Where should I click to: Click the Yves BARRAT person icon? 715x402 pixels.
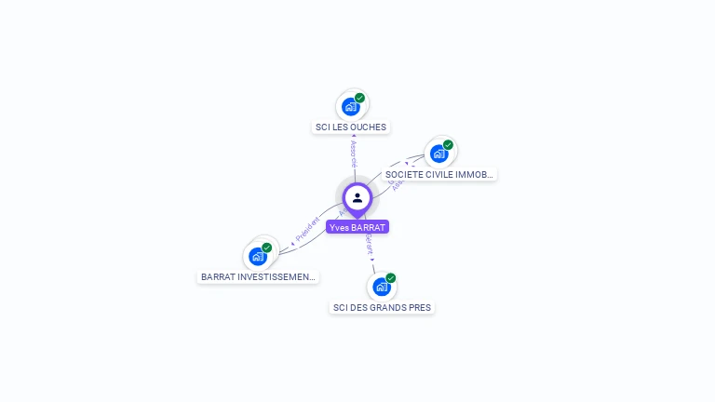point(357,197)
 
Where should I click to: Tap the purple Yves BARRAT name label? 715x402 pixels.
point(357,227)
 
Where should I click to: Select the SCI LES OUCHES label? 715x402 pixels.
point(351,127)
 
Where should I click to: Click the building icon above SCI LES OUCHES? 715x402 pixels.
point(350,106)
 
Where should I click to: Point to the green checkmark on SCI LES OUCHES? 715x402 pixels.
point(359,98)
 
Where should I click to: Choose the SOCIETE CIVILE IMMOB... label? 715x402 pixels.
point(439,174)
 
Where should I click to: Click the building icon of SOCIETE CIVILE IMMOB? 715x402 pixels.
point(438,154)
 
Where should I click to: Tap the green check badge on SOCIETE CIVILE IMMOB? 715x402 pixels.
point(448,145)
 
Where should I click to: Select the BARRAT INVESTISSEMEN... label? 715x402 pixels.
point(258,276)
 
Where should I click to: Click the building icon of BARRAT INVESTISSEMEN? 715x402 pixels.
point(257,256)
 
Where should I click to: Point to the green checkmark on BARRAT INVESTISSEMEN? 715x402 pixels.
point(266,248)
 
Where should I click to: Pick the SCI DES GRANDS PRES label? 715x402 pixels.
point(382,307)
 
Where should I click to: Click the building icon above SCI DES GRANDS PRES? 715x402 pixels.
point(381,287)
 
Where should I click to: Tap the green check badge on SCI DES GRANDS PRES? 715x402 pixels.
point(391,278)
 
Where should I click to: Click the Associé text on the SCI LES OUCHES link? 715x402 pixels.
point(354,154)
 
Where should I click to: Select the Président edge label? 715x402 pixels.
point(307,230)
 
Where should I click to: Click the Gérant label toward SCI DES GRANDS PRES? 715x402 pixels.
point(369,245)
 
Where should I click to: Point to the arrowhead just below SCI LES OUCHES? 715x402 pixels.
point(353,137)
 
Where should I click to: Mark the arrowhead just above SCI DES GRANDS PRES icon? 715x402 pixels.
point(374,271)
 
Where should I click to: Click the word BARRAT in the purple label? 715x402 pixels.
point(369,227)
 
